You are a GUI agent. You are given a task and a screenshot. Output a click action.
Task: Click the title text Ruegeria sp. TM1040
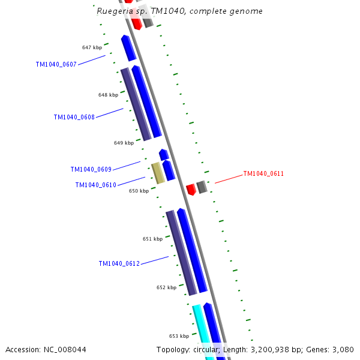pos(179,11)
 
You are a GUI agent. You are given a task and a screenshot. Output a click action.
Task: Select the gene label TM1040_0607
pos(56,64)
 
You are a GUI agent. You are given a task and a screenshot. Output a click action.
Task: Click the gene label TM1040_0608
pos(74,117)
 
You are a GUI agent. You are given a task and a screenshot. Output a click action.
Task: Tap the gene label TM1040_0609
pos(91,169)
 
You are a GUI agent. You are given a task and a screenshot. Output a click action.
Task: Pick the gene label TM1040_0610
pos(95,185)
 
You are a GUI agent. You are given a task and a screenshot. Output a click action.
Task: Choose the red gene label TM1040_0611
pos(263,174)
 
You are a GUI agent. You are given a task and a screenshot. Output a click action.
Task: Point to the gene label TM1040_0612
pos(119,263)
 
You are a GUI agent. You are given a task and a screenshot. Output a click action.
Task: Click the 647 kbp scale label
pos(92,47)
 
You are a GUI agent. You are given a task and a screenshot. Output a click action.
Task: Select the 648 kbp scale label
pos(108,95)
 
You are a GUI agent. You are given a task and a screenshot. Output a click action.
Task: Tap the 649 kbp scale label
pos(124,143)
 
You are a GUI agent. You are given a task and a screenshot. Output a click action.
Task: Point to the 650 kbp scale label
pos(139,191)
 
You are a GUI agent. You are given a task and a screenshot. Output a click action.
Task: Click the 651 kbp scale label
pos(152,239)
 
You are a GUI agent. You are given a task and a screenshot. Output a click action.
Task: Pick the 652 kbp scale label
pos(166,287)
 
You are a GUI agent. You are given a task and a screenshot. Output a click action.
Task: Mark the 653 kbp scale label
pos(179,336)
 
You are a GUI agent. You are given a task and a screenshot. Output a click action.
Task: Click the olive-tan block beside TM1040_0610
pos(158,172)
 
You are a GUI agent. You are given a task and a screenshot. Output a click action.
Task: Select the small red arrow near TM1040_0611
pos(191,190)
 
